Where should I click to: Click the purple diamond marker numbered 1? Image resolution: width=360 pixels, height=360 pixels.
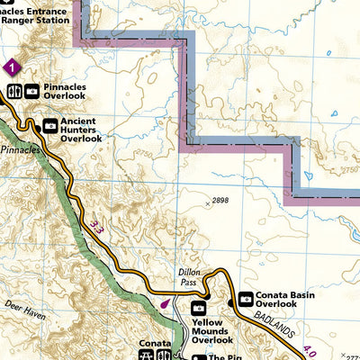(x=11, y=67)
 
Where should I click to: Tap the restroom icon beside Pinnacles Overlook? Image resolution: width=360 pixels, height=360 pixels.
(x=14, y=91)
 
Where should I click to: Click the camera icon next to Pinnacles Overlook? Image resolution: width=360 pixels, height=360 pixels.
(x=31, y=91)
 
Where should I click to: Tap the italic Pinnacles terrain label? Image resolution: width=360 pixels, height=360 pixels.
(x=20, y=148)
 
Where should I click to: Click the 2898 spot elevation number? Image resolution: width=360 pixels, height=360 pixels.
(x=220, y=200)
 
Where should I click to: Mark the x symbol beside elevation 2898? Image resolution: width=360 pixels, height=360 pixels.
(x=207, y=204)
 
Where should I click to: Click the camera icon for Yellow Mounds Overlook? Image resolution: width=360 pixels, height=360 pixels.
(x=198, y=308)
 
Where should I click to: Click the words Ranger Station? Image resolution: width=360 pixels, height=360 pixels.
(x=35, y=15)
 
